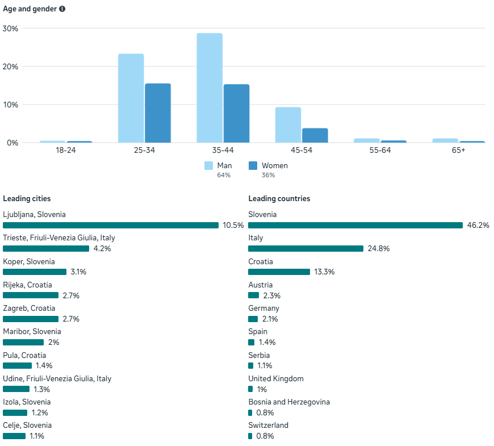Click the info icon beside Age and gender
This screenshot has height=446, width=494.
[62, 9]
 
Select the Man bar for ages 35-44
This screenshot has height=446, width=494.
[210, 88]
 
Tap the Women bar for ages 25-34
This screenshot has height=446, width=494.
[158, 113]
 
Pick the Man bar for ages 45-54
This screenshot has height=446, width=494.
[288, 125]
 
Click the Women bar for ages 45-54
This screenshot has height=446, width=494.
[315, 135]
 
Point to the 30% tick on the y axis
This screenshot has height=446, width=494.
[11, 28]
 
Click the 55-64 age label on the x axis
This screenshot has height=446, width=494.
[380, 150]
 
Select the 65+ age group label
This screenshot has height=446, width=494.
[458, 150]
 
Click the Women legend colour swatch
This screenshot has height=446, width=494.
[253, 166]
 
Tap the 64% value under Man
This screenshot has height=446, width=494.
[223, 175]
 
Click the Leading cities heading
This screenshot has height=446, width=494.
[27, 199]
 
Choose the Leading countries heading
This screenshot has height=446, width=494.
[279, 199]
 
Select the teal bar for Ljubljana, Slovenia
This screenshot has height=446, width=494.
[111, 225]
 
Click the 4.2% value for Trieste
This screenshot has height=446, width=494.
[102, 249]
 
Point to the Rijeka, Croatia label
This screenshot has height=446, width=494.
[27, 285]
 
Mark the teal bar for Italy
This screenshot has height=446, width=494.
[305, 249]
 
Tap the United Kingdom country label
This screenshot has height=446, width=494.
[276, 378]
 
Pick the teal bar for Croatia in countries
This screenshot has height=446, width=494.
[279, 272]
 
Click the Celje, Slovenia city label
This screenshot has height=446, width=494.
[27, 425]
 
